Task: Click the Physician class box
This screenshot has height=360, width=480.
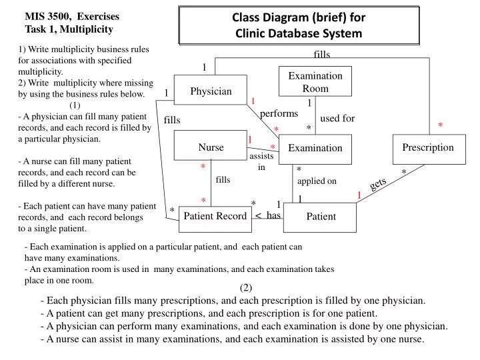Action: pos(211,91)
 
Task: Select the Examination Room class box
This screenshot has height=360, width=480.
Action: pos(315,82)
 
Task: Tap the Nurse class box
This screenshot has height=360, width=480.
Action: pos(211,147)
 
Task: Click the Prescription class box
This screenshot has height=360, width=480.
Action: pos(427,147)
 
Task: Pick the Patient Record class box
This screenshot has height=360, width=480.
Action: pos(215,216)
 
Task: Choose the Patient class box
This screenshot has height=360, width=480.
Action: pos(321,217)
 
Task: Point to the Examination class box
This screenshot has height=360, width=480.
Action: pos(315,148)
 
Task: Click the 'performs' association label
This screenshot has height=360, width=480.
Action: pos(279,114)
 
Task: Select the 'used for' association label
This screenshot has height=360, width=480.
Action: pos(337,119)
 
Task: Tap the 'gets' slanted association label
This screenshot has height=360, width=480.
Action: pos(378,184)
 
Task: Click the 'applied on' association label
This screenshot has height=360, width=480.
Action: pos(317,181)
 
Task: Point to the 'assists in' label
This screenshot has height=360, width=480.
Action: pos(261,161)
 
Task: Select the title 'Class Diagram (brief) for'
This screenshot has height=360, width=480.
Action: pos(298,19)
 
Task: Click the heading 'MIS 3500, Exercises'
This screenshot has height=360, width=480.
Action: pos(72,16)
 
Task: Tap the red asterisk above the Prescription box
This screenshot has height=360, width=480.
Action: pos(440,125)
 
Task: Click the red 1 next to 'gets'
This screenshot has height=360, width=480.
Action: pos(359,195)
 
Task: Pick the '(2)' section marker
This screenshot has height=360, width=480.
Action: pos(246,287)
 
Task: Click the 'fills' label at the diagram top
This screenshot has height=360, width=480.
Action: pos(322,54)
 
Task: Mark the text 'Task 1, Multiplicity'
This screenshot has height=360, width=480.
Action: pos(69,29)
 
